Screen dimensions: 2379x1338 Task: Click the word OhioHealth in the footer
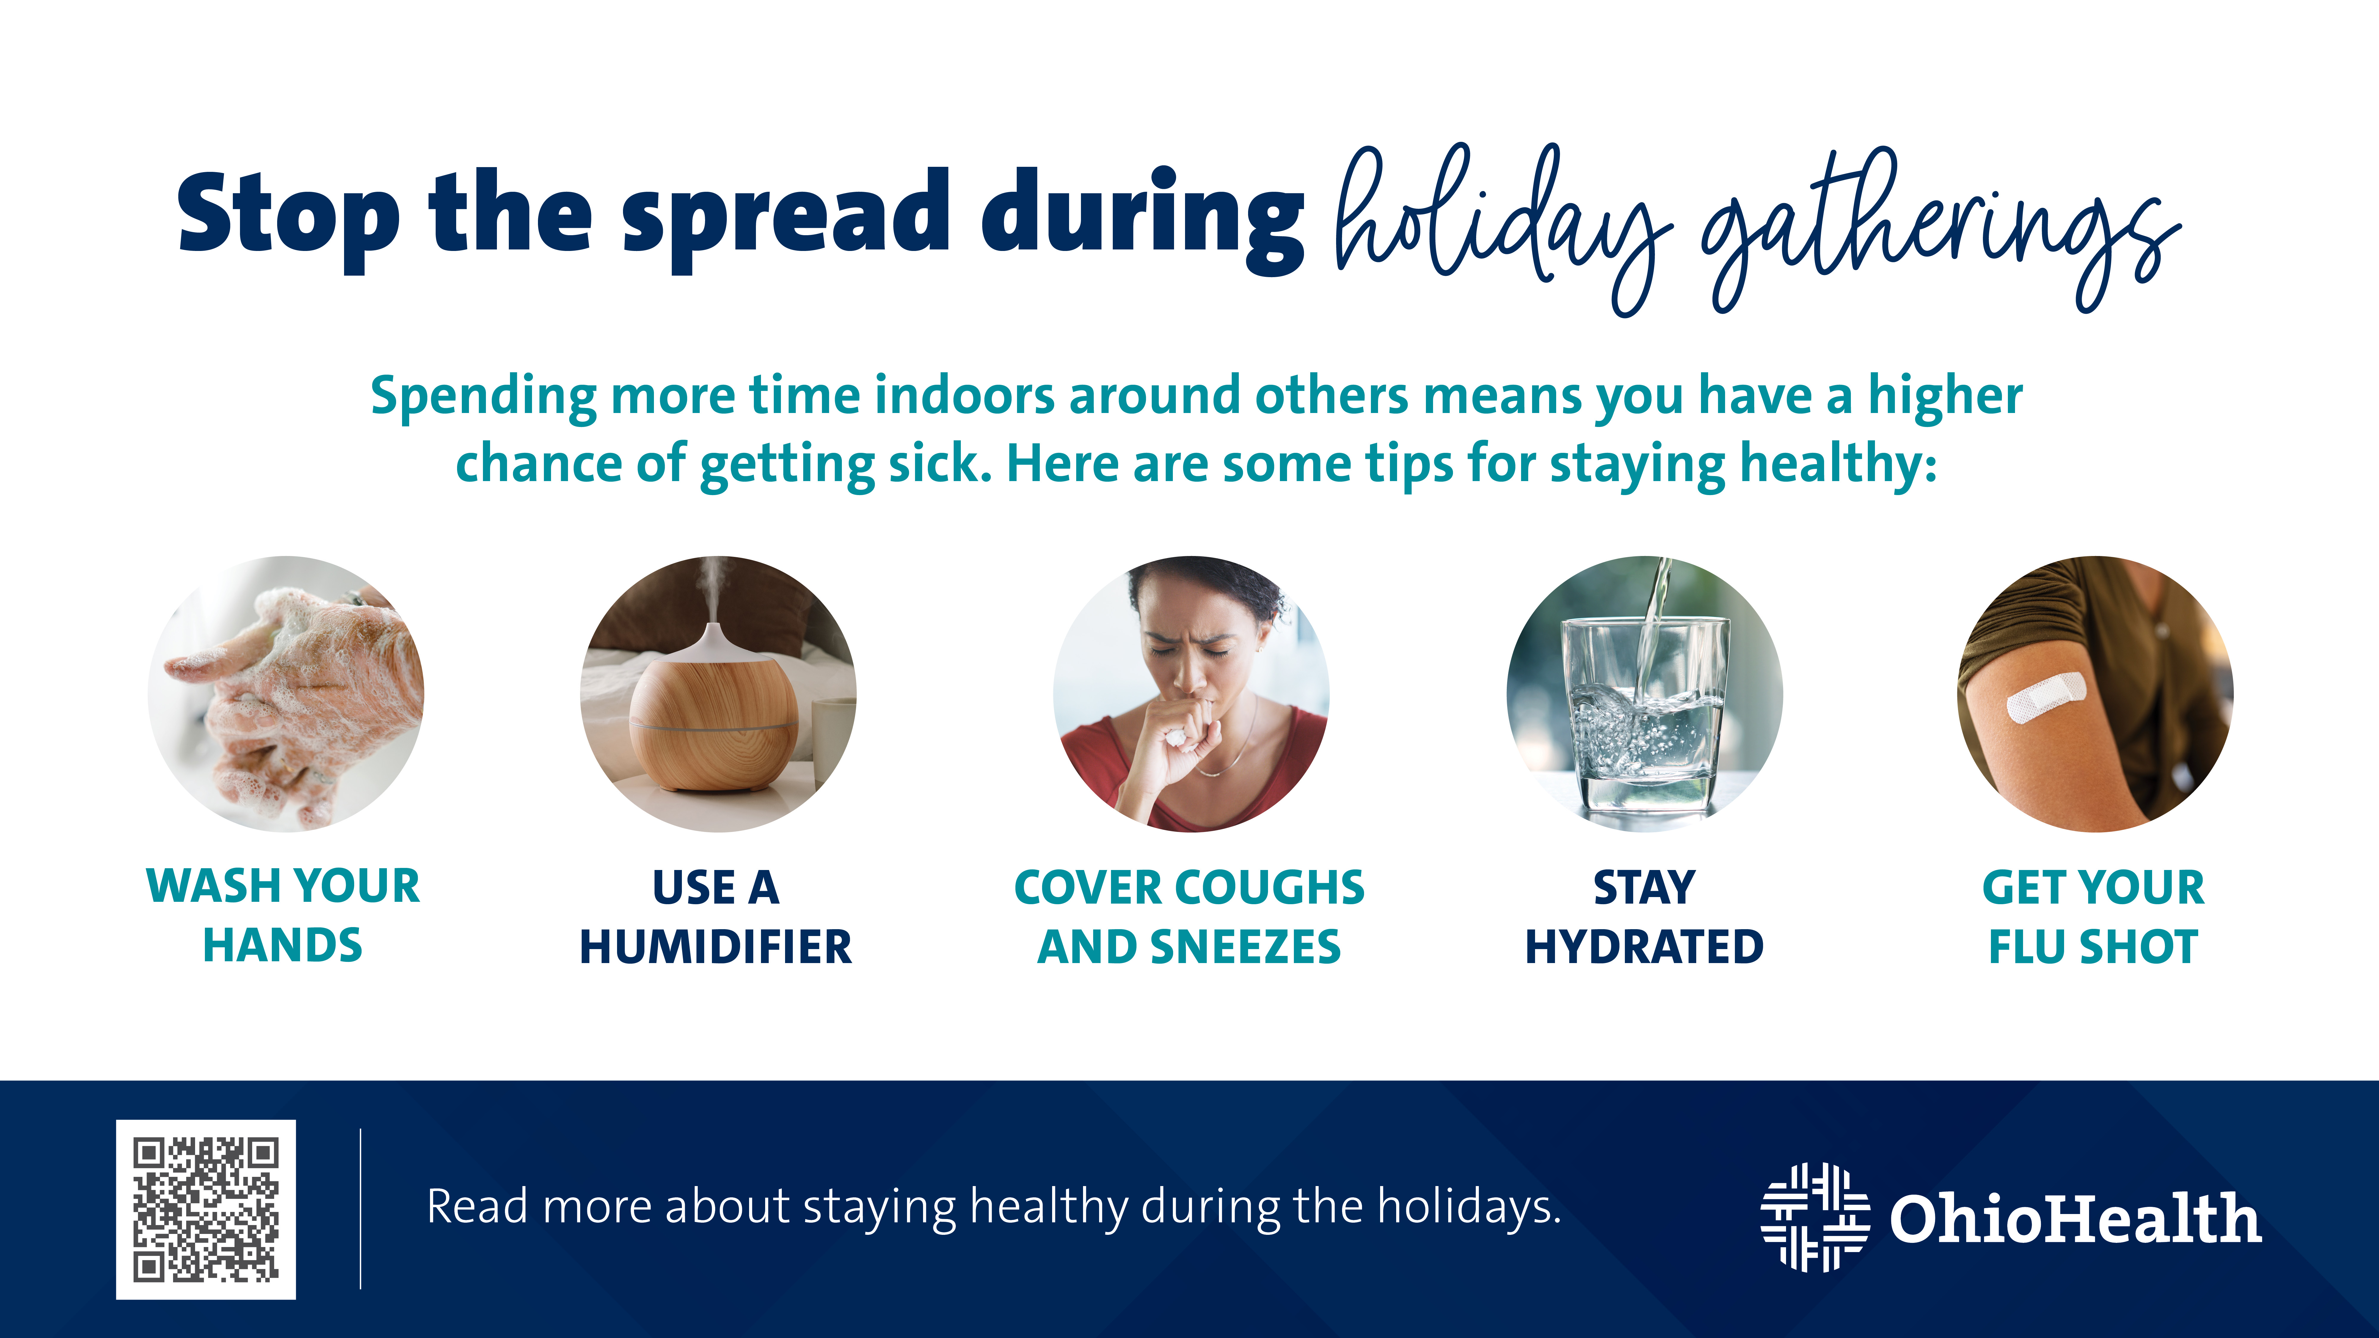(x=2075, y=1219)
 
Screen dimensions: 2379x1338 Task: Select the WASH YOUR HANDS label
(x=283, y=915)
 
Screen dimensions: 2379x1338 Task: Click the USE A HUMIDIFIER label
(x=716, y=917)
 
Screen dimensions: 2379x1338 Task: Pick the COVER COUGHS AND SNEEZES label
(x=1189, y=917)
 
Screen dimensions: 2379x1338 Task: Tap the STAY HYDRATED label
(x=1645, y=917)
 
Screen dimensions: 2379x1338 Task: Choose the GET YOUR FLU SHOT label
(x=2094, y=917)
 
